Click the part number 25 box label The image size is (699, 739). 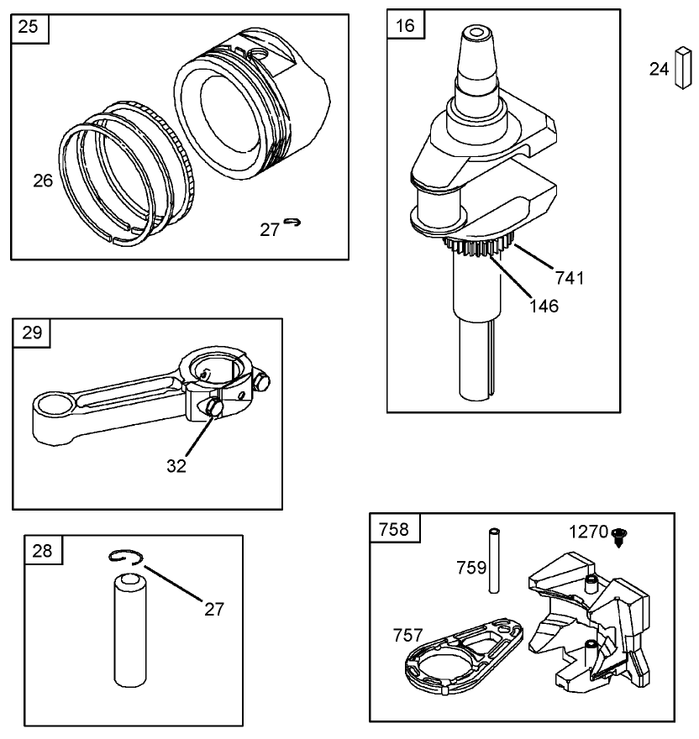28,26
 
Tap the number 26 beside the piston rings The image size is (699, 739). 43,181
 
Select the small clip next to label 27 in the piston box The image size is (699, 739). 292,222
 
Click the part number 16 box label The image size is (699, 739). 405,25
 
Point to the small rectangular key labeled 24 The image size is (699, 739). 682,67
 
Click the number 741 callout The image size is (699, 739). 570,278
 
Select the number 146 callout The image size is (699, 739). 544,306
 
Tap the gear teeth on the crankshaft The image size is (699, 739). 477,247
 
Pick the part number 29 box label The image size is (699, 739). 32,333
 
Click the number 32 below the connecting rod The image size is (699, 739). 176,465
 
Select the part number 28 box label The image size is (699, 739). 42,550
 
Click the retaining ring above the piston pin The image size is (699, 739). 124,557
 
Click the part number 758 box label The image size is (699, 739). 394,529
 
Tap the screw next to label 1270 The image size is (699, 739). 619,537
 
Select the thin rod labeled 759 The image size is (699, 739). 494,560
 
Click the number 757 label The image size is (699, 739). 408,636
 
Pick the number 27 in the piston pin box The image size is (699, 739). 213,610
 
